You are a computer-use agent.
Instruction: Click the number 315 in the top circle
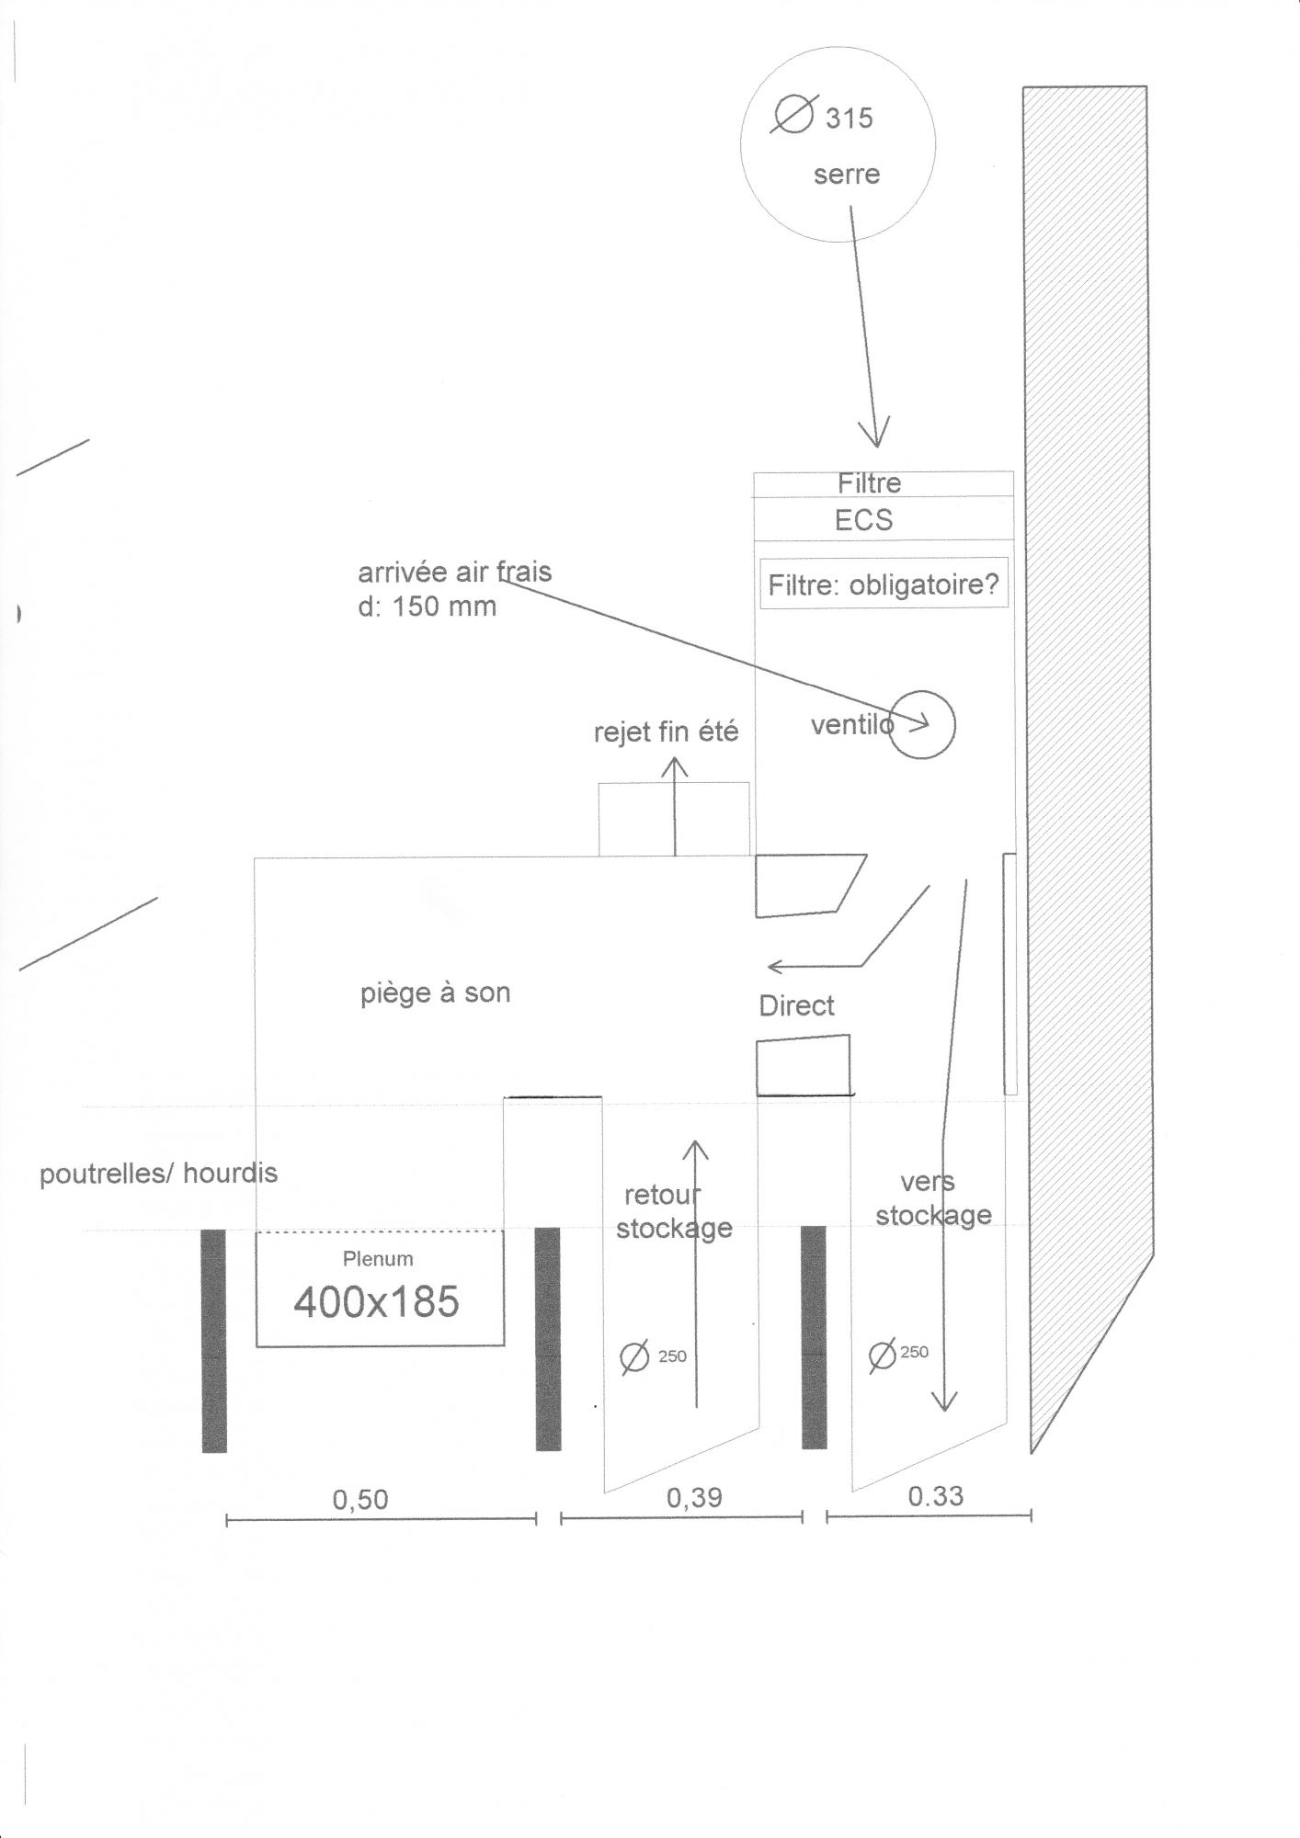coord(849,119)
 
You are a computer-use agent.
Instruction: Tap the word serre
coord(846,175)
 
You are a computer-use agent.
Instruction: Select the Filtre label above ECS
coord(869,482)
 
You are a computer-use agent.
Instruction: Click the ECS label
coord(863,520)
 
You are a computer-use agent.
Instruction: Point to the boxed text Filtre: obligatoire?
coord(883,584)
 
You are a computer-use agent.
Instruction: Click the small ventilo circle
coord(922,724)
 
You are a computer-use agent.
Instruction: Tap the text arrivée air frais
coord(454,572)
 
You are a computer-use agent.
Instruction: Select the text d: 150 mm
coord(427,607)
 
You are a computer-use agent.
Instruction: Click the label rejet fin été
coord(666,732)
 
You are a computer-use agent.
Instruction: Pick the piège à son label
coord(435,993)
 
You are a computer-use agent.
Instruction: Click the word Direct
coord(796,1005)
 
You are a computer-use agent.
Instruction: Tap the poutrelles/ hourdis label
coord(158,1174)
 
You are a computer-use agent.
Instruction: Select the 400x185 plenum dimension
coord(376,1301)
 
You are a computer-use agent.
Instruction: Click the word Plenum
coord(378,1258)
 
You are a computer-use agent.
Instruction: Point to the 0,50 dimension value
coord(360,1499)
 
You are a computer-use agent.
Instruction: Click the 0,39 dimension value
coord(694,1497)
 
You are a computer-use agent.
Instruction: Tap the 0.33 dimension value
coord(935,1495)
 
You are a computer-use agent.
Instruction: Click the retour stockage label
coord(673,1212)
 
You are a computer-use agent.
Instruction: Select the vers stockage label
coord(932,1198)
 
